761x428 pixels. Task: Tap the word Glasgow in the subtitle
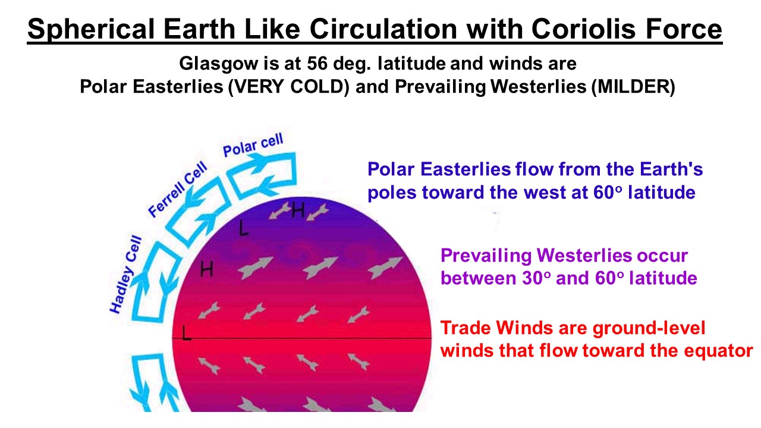tap(219, 64)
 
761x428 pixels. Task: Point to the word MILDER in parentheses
tap(633, 87)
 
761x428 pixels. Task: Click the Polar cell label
tap(253, 144)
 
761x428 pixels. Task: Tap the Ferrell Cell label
tap(178, 189)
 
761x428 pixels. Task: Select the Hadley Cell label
tap(125, 275)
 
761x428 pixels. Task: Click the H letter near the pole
tap(298, 210)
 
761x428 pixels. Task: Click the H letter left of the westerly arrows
tap(206, 269)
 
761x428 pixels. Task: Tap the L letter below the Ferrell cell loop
tap(243, 228)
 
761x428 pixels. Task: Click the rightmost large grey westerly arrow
tap(385, 267)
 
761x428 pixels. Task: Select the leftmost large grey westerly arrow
tap(256, 267)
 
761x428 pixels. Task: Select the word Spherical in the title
tap(91, 30)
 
